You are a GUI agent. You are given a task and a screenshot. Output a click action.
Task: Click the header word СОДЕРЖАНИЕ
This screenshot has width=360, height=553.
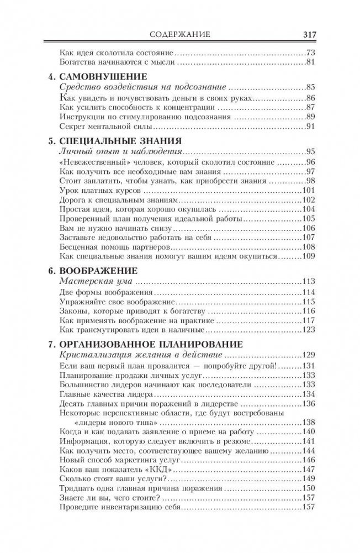click(x=180, y=34)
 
